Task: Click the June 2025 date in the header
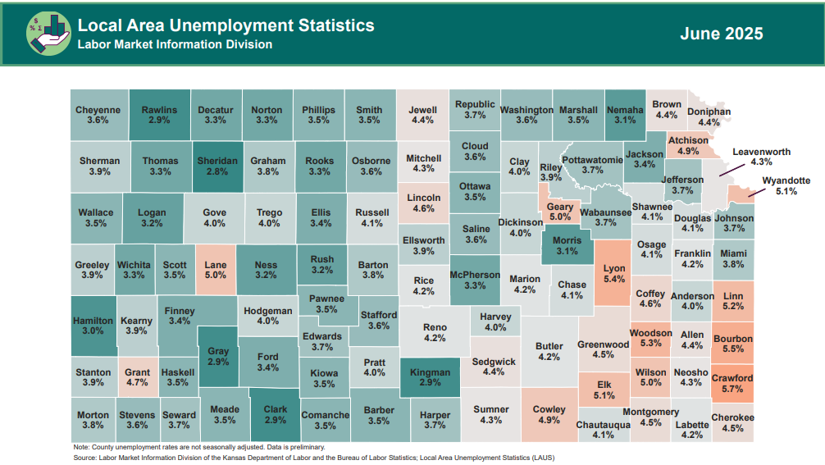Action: [721, 34]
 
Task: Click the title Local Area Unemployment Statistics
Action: [226, 25]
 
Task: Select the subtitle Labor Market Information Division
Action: [175, 44]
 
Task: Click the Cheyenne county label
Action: [98, 110]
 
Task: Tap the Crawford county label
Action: [732, 378]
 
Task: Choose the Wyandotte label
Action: [786, 180]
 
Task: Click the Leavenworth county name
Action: [761, 152]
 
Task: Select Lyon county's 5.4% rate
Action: [614, 279]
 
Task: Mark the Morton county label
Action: [93, 415]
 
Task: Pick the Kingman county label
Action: [430, 372]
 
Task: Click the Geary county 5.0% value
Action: [560, 217]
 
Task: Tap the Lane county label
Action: [216, 265]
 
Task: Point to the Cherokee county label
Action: [732, 417]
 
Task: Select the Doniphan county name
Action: [709, 112]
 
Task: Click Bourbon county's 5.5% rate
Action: [732, 349]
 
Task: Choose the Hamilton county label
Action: [93, 320]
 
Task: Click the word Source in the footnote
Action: [85, 456]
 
